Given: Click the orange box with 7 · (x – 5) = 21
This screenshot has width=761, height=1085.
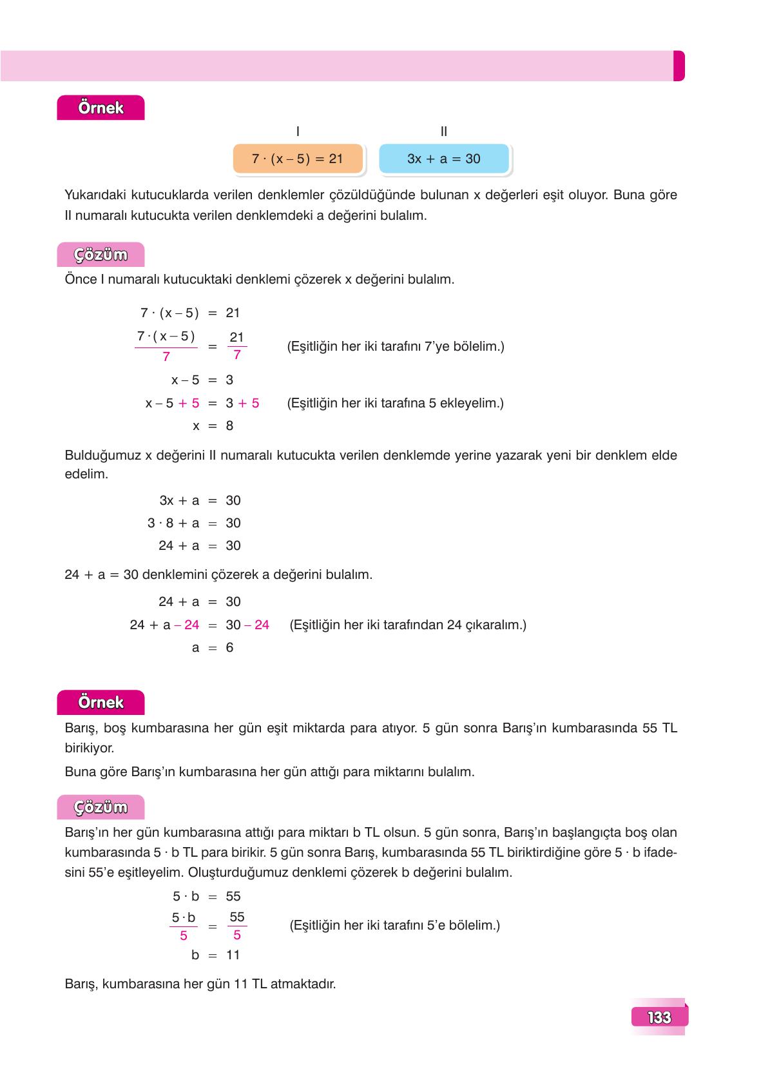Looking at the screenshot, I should click(298, 159).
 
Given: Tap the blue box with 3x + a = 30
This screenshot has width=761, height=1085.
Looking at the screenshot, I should click(443, 159).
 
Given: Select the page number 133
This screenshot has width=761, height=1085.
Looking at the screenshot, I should click(659, 1017).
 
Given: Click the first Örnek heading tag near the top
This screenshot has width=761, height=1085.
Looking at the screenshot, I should click(101, 108).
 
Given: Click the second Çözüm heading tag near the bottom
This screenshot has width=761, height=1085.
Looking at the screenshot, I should click(101, 807).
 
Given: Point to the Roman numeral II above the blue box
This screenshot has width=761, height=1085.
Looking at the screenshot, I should click(443, 132).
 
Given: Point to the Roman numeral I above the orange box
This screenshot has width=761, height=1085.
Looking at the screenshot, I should click(297, 132).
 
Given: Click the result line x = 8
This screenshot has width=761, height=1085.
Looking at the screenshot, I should click(213, 425).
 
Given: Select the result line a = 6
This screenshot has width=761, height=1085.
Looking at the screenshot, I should click(213, 647).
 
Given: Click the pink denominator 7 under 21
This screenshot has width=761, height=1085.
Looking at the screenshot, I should click(236, 355).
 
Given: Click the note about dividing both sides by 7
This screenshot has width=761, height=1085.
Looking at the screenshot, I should click(395, 346).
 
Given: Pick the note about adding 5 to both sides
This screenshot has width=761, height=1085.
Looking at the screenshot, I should click(395, 403).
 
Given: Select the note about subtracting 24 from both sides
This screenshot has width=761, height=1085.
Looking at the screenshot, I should click(408, 625).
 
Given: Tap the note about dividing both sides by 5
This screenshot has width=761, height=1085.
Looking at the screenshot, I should click(395, 925).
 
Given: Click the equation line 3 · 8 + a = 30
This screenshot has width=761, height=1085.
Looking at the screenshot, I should click(194, 523).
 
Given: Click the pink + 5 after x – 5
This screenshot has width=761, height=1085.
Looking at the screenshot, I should click(189, 403).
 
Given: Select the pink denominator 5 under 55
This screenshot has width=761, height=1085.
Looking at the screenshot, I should click(236, 935).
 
